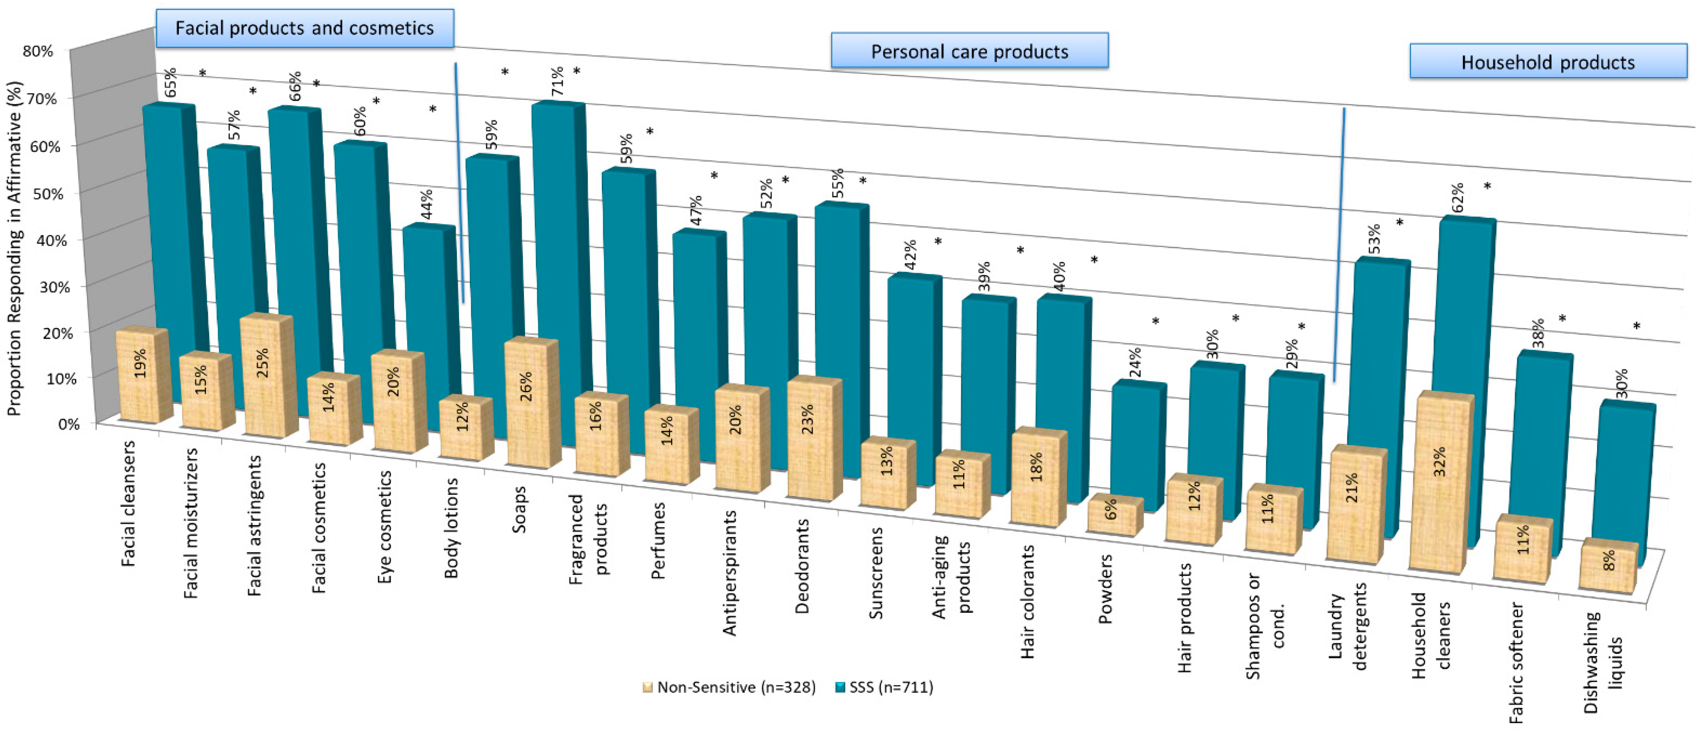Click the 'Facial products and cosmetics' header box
[304, 28]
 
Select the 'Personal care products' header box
[969, 51]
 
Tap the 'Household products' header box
[1547, 62]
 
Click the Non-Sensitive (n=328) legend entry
[729, 687]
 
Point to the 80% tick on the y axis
[38, 51]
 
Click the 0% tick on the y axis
[69, 424]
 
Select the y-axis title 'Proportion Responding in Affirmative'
[14, 249]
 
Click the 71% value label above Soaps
[558, 80]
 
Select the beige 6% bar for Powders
[1113, 516]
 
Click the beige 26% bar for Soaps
[530, 404]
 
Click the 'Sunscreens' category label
[876, 573]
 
